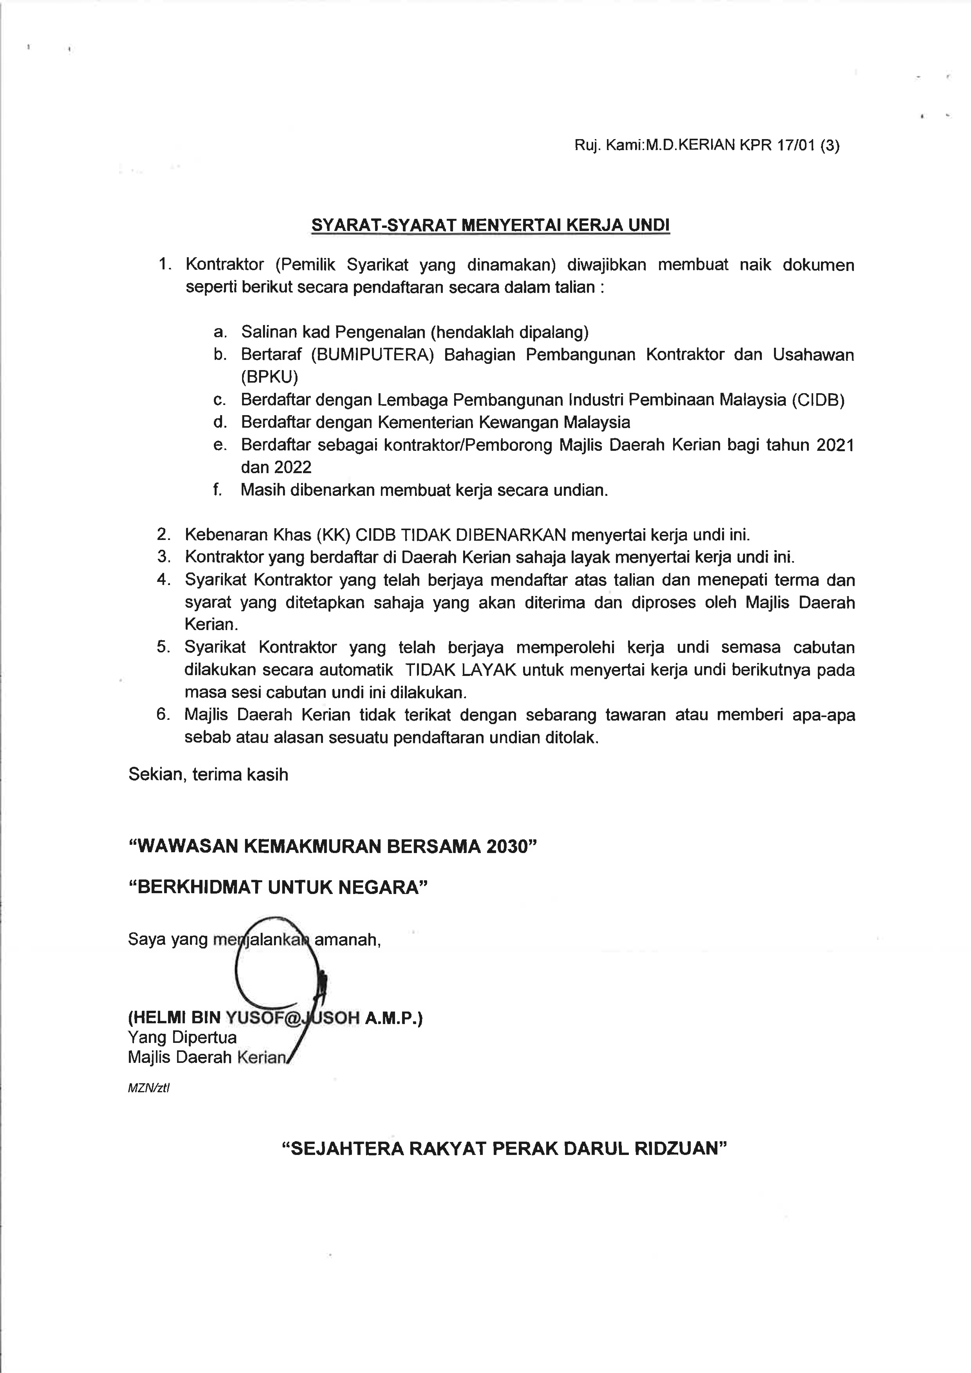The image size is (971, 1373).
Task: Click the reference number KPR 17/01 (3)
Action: coord(789,145)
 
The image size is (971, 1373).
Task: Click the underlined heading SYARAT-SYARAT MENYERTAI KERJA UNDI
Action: coord(490,226)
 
